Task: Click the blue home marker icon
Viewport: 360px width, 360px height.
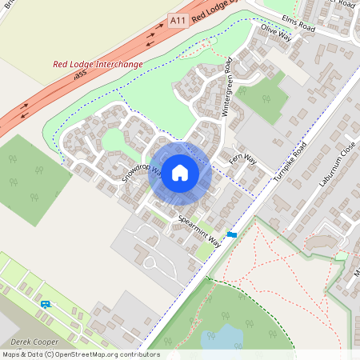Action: pos(180,172)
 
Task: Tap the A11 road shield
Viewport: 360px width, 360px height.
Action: pos(178,19)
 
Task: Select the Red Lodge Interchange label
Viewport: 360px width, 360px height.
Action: pos(98,64)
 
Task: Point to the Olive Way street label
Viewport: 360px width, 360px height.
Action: pos(276,33)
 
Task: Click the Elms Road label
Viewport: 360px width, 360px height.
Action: pos(298,26)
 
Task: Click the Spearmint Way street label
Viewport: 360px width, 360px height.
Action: pos(199,230)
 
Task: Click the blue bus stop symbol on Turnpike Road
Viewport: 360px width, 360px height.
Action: pos(232,234)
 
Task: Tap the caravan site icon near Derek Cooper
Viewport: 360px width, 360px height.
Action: pos(45,304)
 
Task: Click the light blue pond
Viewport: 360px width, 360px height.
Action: pos(226,336)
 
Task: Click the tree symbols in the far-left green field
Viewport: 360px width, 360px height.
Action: pos(24,176)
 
